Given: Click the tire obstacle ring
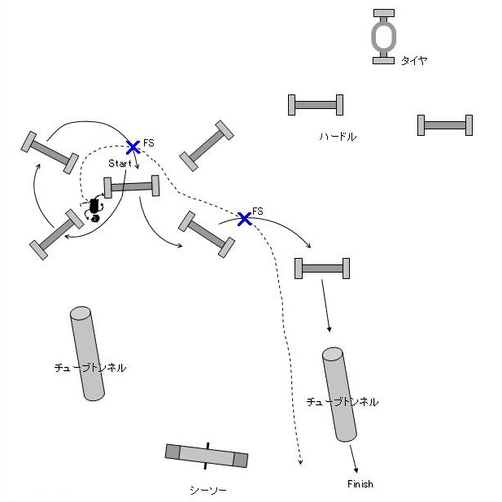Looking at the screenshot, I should (384, 37).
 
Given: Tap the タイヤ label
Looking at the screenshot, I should (413, 60).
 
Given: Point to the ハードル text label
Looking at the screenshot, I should (337, 137).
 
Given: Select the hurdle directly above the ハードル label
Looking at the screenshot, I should (316, 105).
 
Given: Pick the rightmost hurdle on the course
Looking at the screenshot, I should (445, 124).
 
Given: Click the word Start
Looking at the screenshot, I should (120, 164).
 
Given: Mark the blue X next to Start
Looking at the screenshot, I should (133, 147).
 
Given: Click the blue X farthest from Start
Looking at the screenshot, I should (243, 218).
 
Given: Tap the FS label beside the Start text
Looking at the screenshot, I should (149, 143).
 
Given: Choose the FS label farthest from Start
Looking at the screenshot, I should (258, 212).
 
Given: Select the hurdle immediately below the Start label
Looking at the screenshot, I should (131, 187).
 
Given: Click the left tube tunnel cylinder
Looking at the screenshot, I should (87, 353).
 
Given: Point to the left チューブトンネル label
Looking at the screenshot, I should (89, 368).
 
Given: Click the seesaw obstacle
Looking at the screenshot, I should (207, 456).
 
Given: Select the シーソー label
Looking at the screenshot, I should (207, 490).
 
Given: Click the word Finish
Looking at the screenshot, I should (360, 484).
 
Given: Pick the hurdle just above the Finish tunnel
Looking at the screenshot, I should (322, 268).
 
